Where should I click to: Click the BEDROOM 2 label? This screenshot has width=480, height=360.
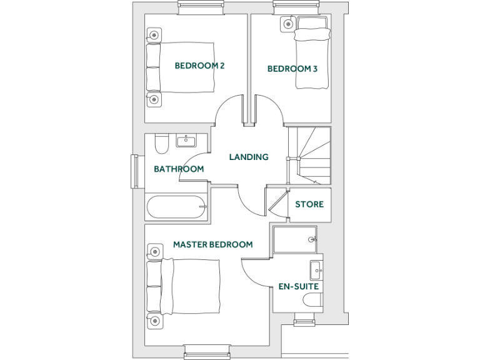[x=199, y=66]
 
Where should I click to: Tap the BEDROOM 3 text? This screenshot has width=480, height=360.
[x=292, y=69]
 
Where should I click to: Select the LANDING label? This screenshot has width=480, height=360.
[x=248, y=157]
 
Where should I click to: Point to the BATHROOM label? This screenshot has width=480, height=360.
[x=179, y=169]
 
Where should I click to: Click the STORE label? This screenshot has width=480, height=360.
[x=309, y=204]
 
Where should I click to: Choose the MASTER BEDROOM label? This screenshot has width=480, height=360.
[x=212, y=244]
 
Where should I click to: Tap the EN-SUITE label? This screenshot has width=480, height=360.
[x=299, y=286]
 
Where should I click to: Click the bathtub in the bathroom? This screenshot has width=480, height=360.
[x=176, y=207]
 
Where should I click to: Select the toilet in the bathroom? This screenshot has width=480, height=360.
[x=161, y=144]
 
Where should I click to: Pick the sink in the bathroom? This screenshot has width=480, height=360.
[x=186, y=141]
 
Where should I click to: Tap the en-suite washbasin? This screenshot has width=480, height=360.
[x=316, y=271]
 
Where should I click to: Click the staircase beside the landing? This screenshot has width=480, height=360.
[x=309, y=156]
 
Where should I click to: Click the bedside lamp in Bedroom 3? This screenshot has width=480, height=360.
[x=287, y=24]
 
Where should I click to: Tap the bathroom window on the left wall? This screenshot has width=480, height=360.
[x=135, y=171]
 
